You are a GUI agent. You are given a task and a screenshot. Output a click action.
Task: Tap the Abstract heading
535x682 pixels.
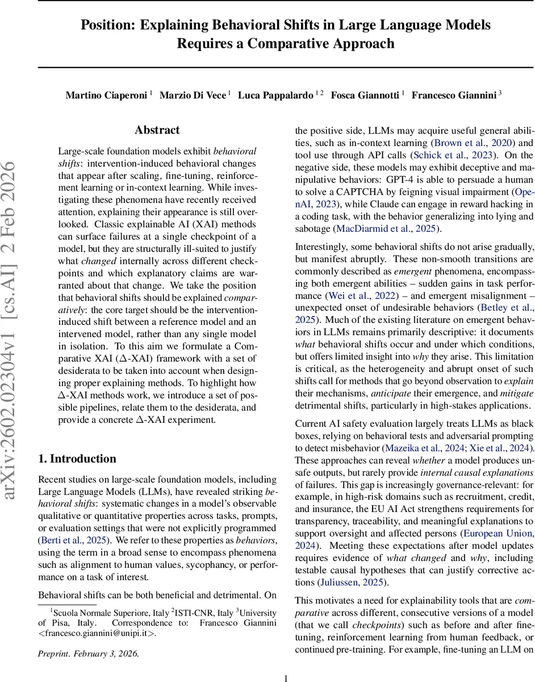tap(157, 130)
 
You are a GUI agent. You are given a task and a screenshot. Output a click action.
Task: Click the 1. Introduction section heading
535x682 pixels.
tap(77, 458)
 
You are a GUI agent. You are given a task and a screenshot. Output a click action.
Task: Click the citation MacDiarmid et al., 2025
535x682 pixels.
tap(384, 229)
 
